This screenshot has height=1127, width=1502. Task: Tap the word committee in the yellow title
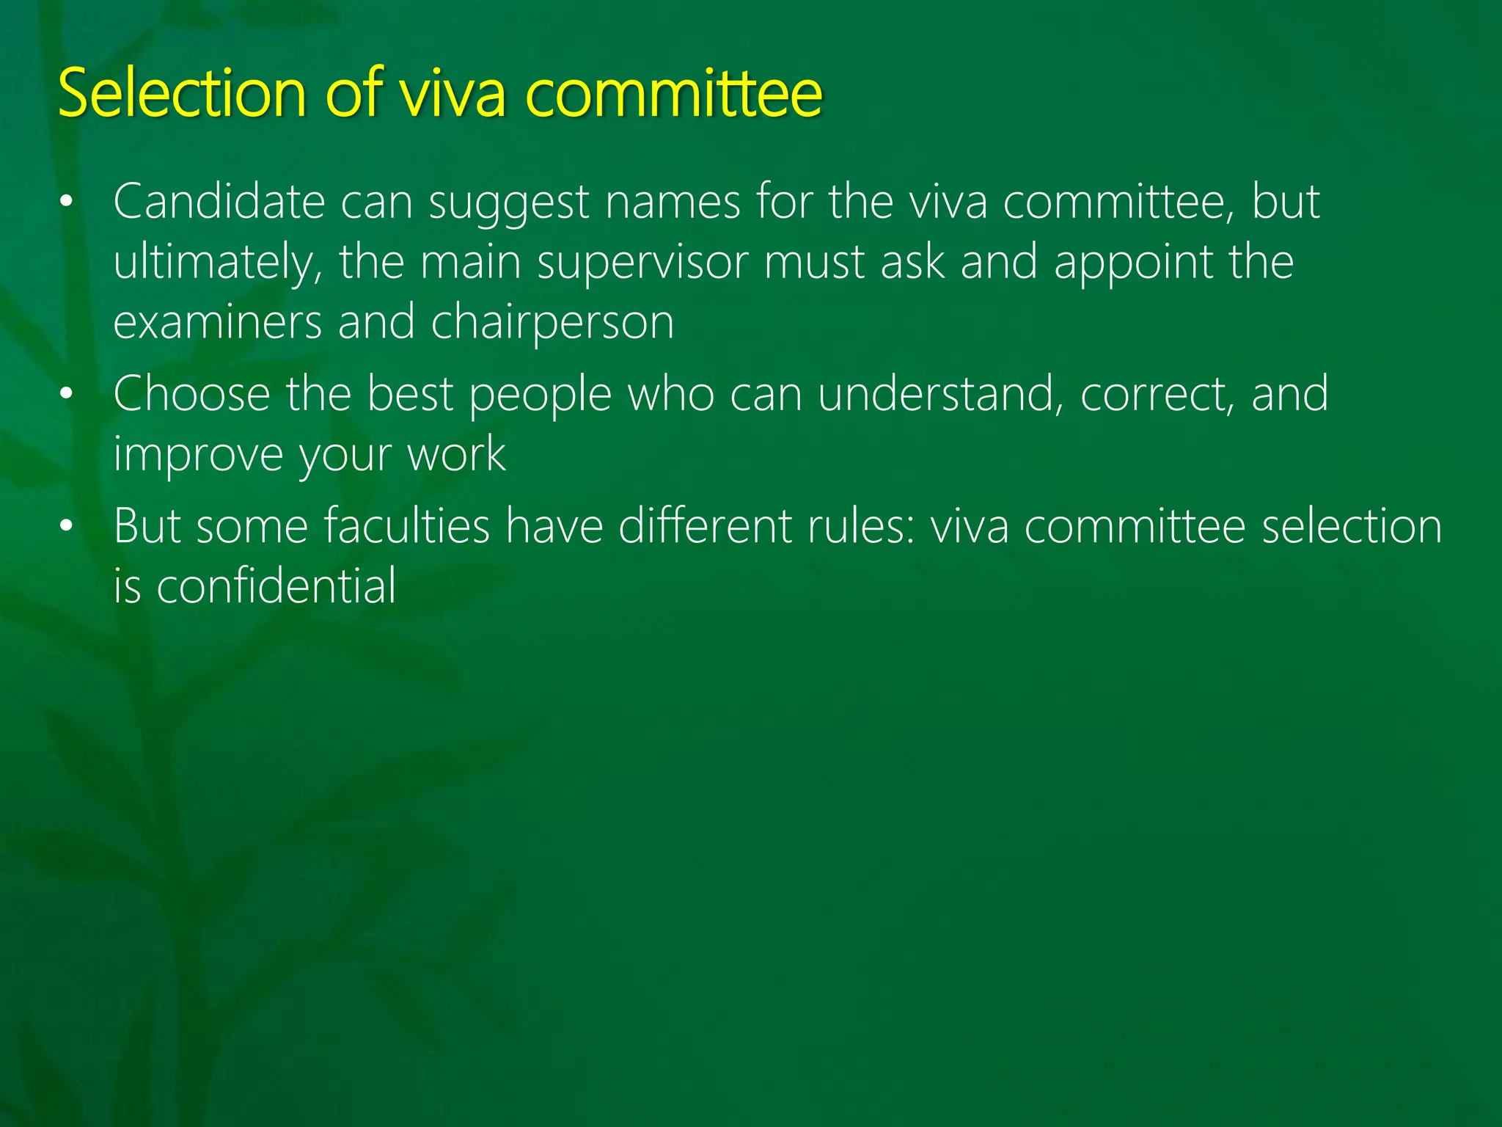pyautogui.click(x=674, y=93)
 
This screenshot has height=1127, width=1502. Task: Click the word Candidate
pyautogui.click(x=219, y=202)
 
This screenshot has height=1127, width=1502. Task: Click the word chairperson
pyautogui.click(x=552, y=323)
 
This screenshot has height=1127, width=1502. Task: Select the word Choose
pyautogui.click(x=191, y=394)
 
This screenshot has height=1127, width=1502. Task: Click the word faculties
pyautogui.click(x=407, y=526)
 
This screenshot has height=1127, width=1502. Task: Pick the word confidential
pyautogui.click(x=276, y=586)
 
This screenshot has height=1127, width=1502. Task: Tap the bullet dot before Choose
pyautogui.click(x=67, y=394)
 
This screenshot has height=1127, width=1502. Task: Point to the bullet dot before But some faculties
pyautogui.click(x=67, y=526)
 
